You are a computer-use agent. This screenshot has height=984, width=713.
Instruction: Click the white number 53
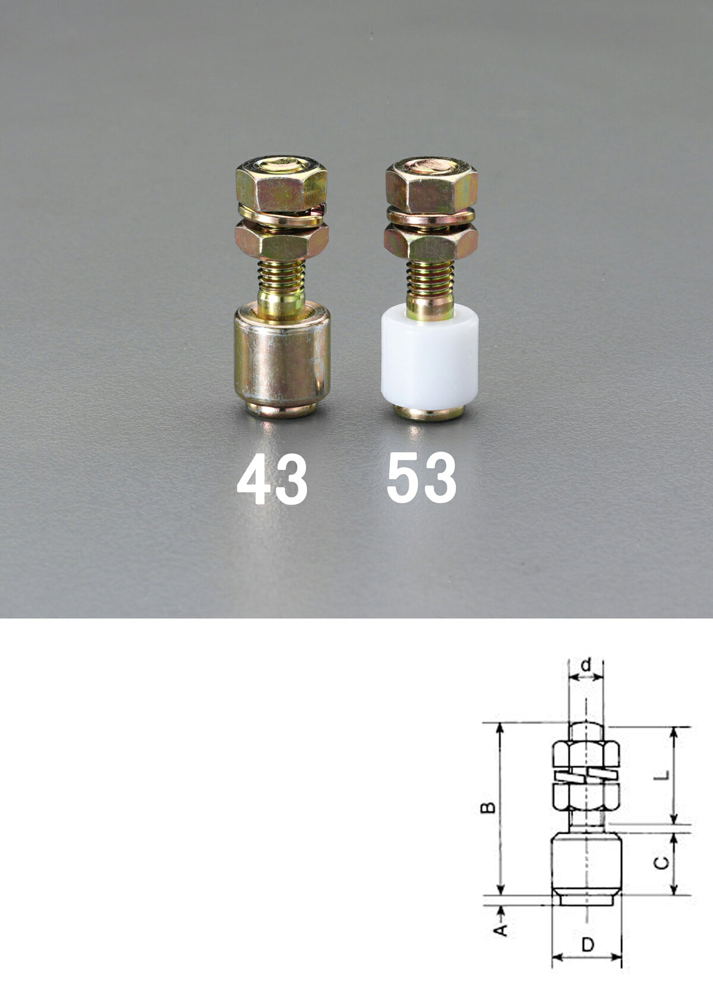[x=421, y=478]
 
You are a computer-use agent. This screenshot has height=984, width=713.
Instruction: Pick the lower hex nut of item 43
[x=282, y=241]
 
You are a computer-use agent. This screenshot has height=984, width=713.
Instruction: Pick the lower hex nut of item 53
[x=431, y=242]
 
